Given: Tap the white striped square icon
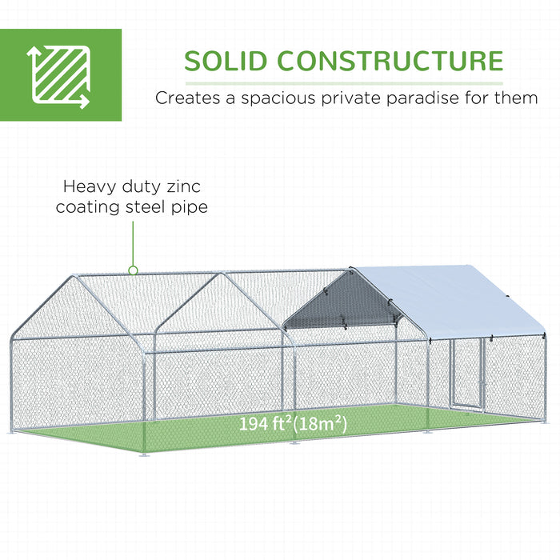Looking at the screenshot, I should (60, 74).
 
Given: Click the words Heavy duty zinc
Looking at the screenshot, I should (133, 187).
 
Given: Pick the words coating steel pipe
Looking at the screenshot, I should (133, 208).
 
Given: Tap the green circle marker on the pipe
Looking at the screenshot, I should (134, 270).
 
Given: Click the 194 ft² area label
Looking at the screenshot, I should (265, 424).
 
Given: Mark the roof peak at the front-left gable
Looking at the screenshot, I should (77, 277).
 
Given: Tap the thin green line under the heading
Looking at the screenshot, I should (344, 82).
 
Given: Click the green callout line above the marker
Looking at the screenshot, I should (134, 244).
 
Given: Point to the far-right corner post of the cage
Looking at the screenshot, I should (546, 376).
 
